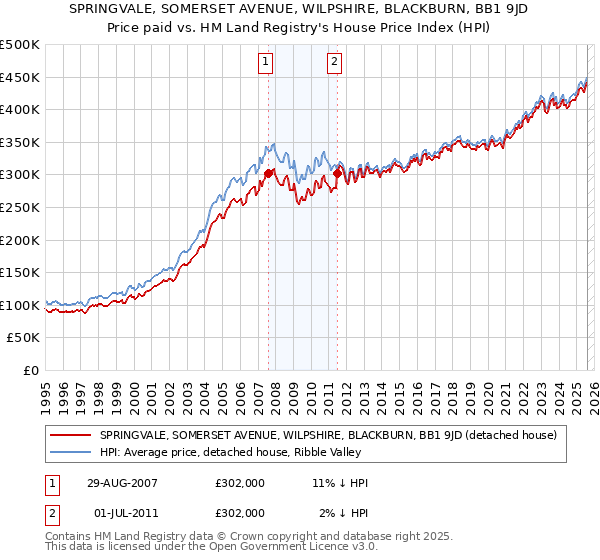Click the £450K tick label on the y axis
[x=20, y=77]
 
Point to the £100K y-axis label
[x=20, y=305]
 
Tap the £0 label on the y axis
[x=30, y=370]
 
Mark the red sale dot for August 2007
[x=268, y=173]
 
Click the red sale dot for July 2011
[x=337, y=173]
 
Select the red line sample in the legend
[x=71, y=435]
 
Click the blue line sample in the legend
[x=71, y=452]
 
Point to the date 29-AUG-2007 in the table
[x=124, y=483]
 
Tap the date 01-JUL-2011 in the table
[x=124, y=513]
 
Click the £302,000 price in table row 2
[x=240, y=513]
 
